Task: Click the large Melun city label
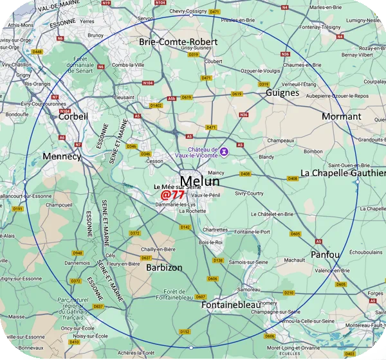point(199,181)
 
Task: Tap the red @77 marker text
point(173,194)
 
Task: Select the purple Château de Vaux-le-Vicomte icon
point(224,152)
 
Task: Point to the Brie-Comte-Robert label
point(178,41)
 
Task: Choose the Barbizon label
point(164,267)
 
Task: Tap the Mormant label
point(341,116)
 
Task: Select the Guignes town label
point(282,93)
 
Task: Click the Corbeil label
point(73,116)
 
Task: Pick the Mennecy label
point(62,156)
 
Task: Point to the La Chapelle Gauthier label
point(343,173)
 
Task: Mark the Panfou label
point(325,255)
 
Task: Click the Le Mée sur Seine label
point(177,186)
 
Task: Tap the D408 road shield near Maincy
point(244,174)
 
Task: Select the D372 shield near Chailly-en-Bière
point(134,233)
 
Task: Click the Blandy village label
point(266,156)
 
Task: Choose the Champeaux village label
point(280,140)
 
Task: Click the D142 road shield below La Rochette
point(185,227)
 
